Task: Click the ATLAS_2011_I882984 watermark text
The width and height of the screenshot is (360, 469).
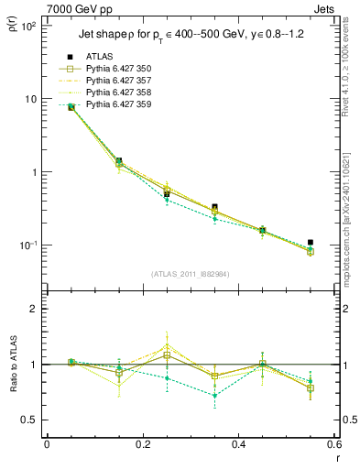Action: [x=190, y=274]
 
